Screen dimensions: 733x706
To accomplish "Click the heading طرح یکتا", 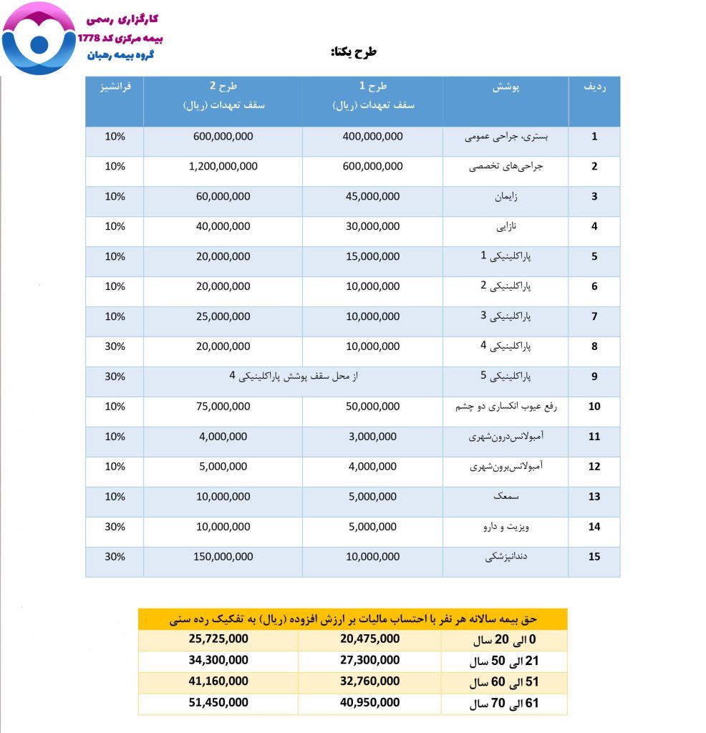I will pos(353,52).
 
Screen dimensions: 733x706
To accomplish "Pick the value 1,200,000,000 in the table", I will pos(223,166).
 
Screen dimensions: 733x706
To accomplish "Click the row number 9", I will pos(594,377).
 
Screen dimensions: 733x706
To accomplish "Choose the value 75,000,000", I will pos(223,407).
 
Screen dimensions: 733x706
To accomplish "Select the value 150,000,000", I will pos(223,557).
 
